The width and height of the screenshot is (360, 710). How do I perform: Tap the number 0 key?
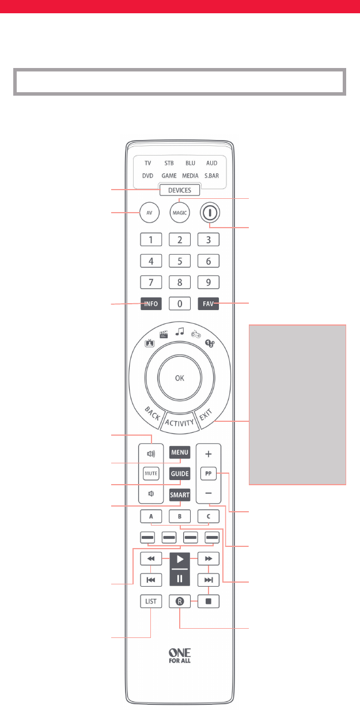point(180,303)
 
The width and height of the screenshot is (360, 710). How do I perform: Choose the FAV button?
point(208,303)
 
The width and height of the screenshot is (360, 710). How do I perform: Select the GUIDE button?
point(180,474)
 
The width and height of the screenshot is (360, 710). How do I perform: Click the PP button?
point(208,474)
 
